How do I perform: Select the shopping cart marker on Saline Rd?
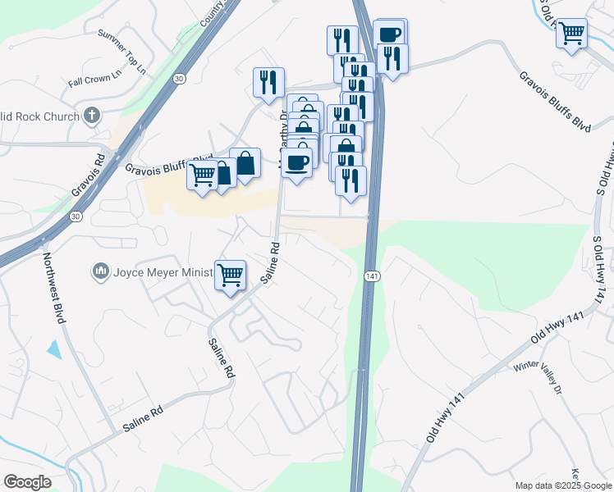click(x=231, y=275)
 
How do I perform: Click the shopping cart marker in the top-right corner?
click(x=571, y=34)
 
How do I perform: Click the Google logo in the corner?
click(x=27, y=481)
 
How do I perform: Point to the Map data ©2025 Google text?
click(x=564, y=485)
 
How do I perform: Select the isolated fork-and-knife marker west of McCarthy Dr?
click(x=268, y=82)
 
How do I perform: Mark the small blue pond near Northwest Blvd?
click(x=54, y=349)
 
